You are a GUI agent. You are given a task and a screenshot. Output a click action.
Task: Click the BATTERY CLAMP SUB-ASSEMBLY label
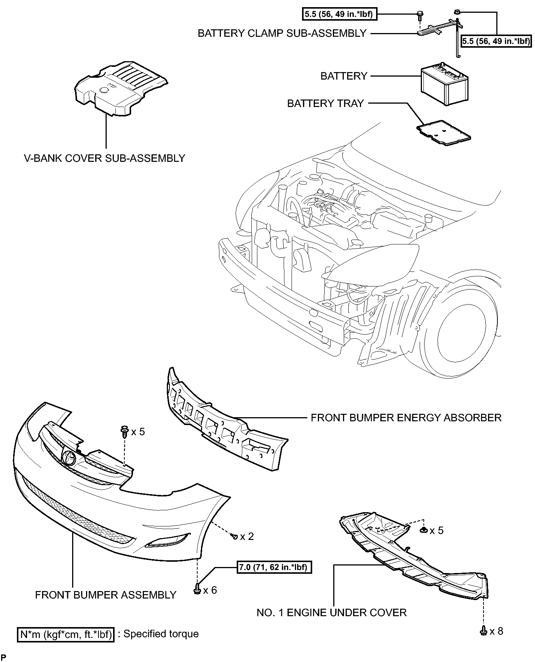point(282,33)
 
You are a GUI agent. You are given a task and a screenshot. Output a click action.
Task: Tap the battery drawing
point(444,83)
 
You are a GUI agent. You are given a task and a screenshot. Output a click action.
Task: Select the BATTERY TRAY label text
point(325,103)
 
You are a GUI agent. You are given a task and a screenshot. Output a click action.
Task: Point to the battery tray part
point(444,133)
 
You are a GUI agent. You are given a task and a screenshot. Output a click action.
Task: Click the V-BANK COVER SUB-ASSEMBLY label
point(105,158)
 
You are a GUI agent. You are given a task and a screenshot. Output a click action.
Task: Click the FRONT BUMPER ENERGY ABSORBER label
point(406,418)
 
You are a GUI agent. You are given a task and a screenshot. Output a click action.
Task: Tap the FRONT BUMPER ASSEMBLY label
point(106,595)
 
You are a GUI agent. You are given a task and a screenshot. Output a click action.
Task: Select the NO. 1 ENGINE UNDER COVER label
point(332,612)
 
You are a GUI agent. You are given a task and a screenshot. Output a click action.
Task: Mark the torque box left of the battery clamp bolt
point(339,15)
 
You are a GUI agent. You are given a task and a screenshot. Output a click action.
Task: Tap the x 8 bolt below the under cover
point(484,631)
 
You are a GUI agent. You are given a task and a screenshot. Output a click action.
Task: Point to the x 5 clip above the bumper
point(124,432)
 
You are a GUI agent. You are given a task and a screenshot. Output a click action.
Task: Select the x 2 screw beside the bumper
point(235,537)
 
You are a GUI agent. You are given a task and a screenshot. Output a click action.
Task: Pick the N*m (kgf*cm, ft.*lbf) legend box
point(65,634)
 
